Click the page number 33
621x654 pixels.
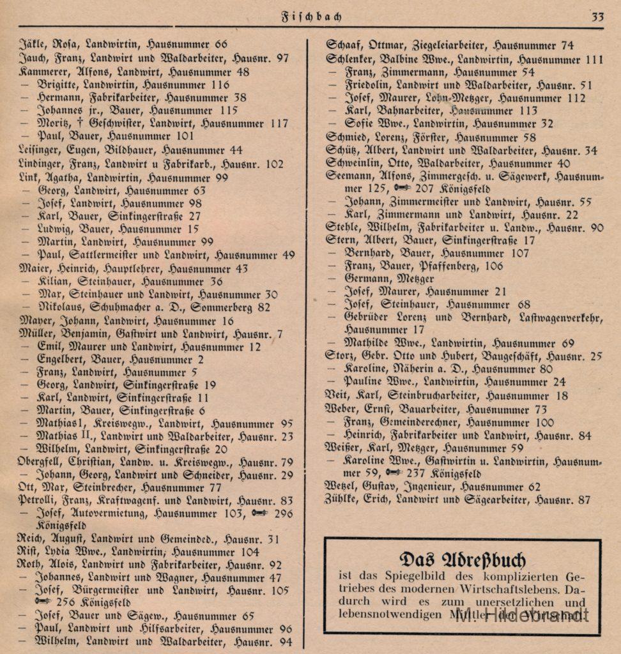(597, 17)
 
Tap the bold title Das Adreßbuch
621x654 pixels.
(462, 559)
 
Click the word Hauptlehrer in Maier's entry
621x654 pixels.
(136, 268)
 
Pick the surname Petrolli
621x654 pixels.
(38, 501)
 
